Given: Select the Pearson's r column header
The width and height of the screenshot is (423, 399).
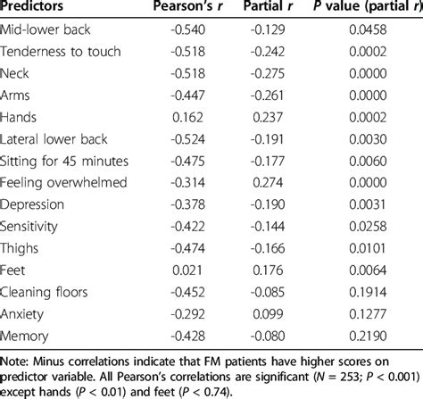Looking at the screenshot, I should point(190,10).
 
